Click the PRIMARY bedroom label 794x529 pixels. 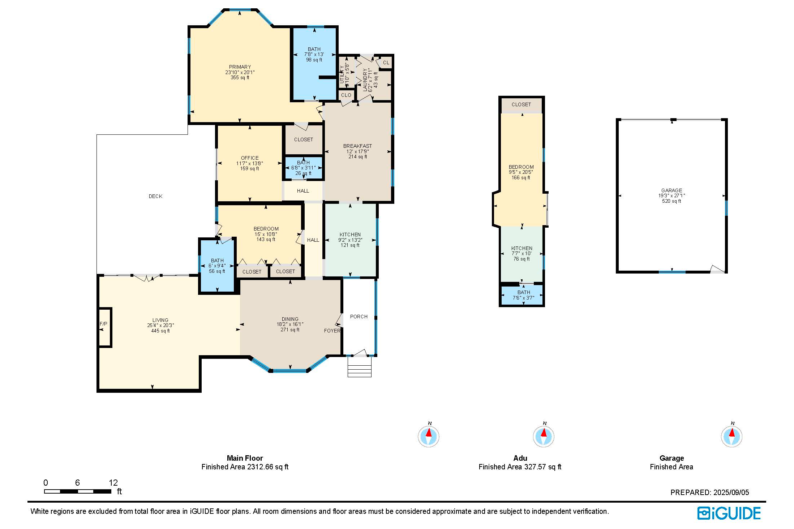pos(240,67)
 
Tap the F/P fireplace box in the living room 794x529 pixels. pos(104,327)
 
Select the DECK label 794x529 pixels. pos(155,196)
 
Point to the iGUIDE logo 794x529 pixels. pos(729,513)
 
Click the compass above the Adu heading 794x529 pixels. pos(543,436)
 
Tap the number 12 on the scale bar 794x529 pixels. pos(113,483)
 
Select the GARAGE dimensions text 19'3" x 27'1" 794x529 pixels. pos(671,195)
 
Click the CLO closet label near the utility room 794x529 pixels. pos(346,95)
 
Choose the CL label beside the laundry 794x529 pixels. pos(386,63)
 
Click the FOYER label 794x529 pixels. pos(332,331)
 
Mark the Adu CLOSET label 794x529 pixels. pos(521,104)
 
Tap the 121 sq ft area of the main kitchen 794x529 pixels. pos(350,245)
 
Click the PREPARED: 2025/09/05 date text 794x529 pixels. pos(709,492)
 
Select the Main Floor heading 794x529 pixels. pos(245,458)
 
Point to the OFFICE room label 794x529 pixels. pos(250,158)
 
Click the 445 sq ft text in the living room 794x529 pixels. pos(160,331)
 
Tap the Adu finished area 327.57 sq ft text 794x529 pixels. pos(520,467)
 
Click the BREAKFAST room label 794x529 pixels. pos(357,146)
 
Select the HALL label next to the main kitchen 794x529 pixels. pos(313,240)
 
